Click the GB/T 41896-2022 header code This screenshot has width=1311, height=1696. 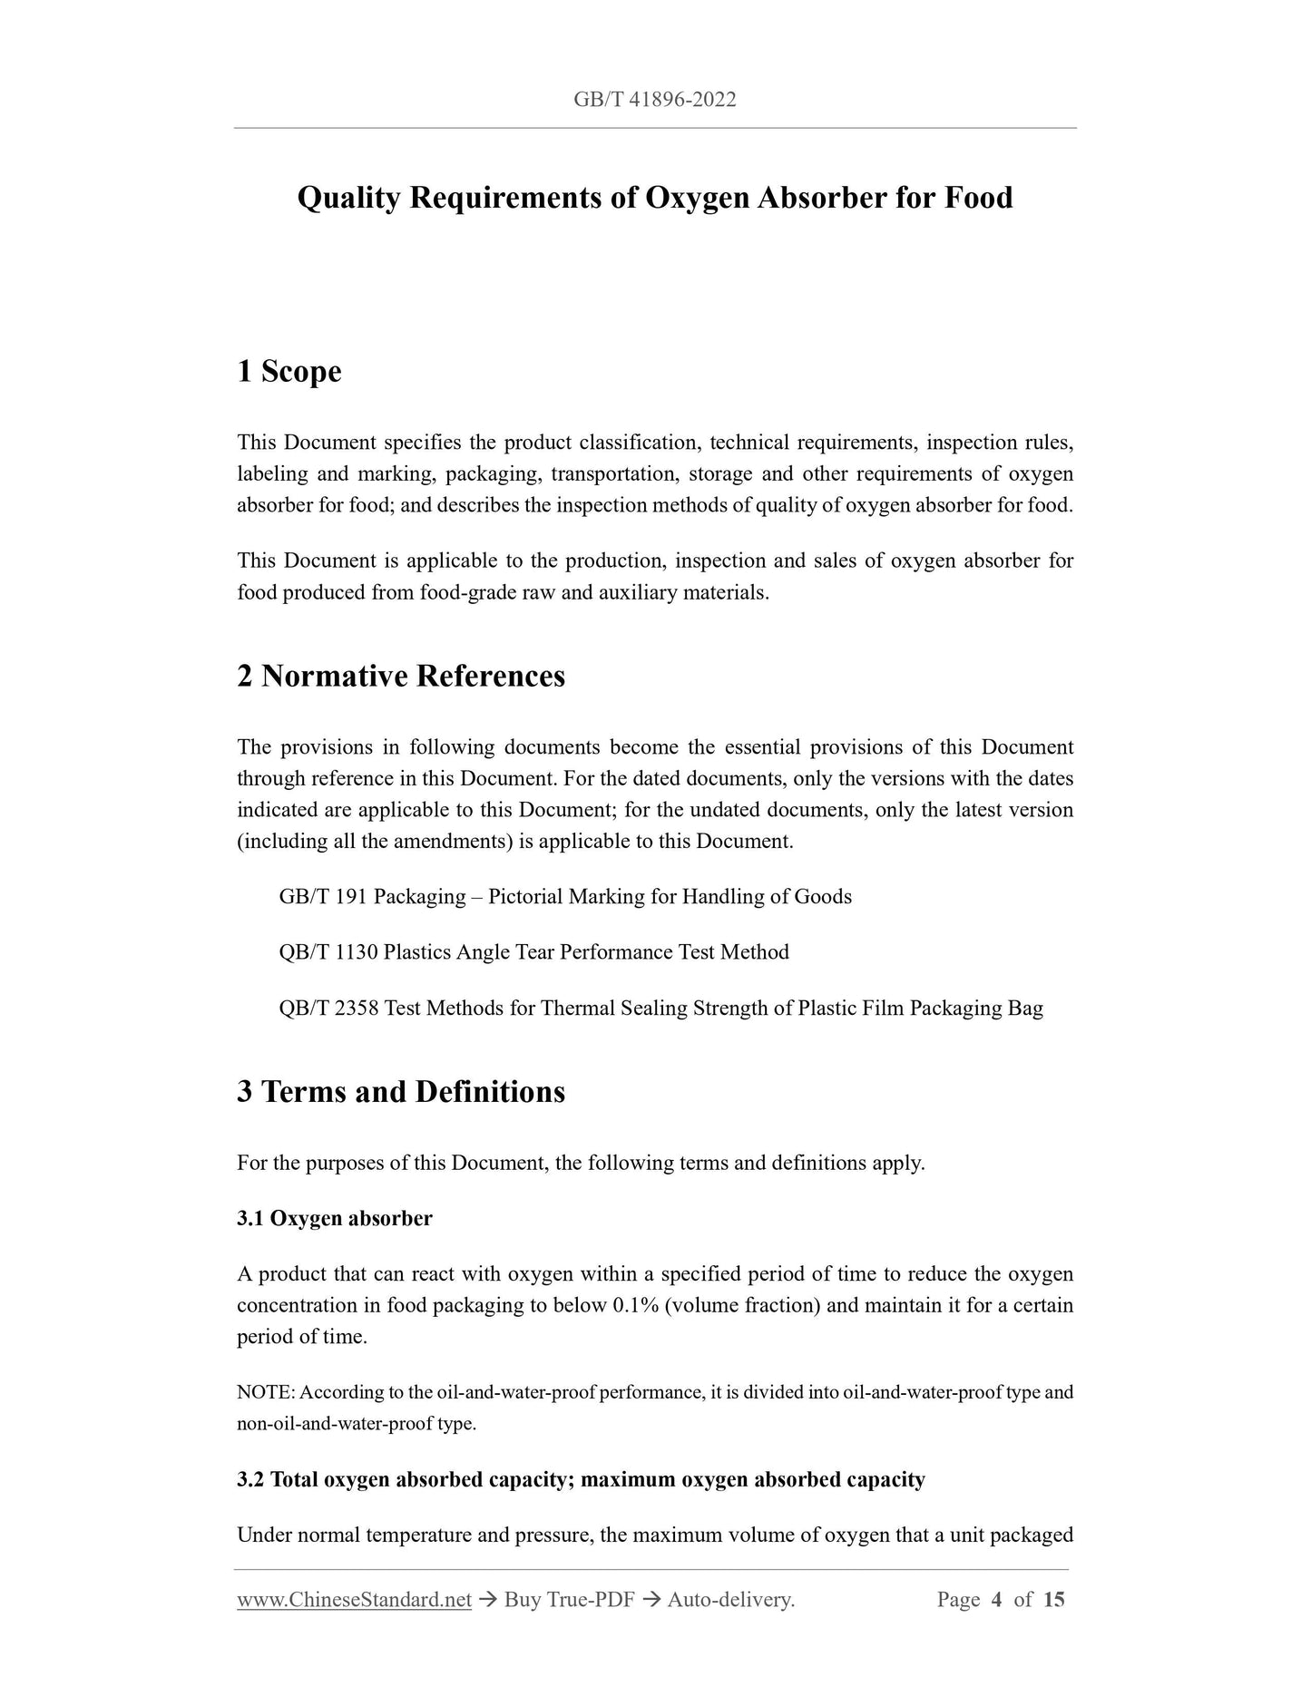(654, 100)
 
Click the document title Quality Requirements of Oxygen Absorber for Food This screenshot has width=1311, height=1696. (654, 198)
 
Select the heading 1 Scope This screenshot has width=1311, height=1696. (289, 371)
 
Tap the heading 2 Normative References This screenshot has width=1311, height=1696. (400, 676)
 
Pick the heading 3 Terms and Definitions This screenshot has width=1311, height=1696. (400, 1091)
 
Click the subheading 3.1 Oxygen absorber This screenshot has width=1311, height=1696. (334, 1218)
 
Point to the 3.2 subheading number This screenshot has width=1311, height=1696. (250, 1479)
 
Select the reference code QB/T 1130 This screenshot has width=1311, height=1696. (328, 952)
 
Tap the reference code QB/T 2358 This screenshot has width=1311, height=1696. (328, 1008)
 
